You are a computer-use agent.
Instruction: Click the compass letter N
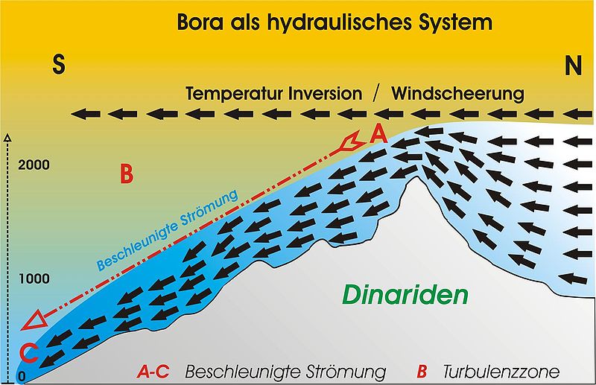tap(572, 67)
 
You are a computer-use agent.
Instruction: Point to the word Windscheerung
tap(457, 95)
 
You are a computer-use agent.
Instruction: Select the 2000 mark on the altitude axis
tap(35, 165)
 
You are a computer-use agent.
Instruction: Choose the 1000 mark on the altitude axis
tap(35, 279)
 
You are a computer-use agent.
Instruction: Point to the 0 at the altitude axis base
tap(22, 377)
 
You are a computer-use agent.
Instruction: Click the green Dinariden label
tap(405, 295)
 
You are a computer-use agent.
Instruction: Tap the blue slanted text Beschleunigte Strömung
tap(167, 229)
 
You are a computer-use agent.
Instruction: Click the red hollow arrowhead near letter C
tap(34, 322)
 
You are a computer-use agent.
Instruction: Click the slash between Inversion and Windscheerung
tap(377, 95)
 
